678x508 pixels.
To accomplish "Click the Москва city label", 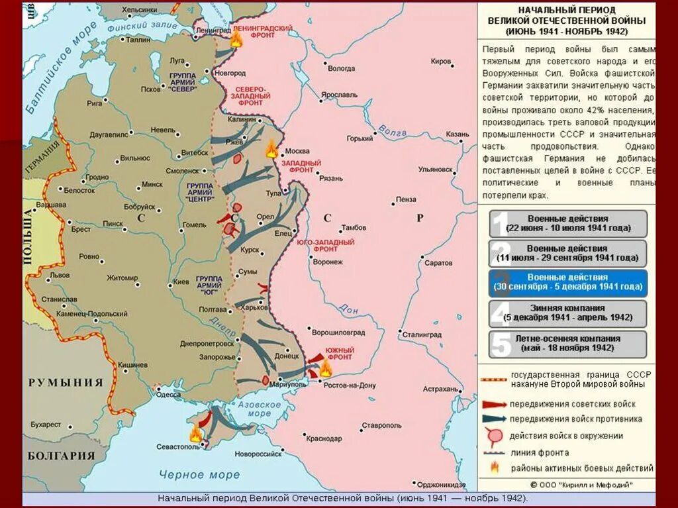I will pyautogui.click(x=297, y=150).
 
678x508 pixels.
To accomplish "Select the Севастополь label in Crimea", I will pyautogui.click(x=178, y=446).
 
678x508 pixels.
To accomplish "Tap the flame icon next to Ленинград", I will pyautogui.click(x=236, y=38).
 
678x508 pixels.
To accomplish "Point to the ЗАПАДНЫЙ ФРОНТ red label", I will pyautogui.click(x=302, y=166).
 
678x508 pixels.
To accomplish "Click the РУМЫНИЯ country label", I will pyautogui.click(x=66, y=382).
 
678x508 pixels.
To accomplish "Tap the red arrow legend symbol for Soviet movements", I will pyautogui.click(x=493, y=404).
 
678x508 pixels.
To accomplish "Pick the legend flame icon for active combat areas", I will pyautogui.click(x=493, y=468).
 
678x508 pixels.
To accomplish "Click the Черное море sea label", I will pyautogui.click(x=199, y=474).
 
